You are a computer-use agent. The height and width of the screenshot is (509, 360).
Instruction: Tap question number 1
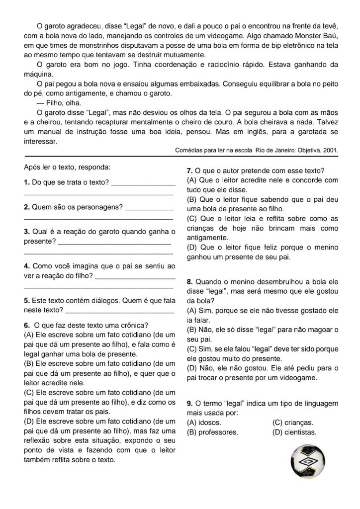[x=26, y=182]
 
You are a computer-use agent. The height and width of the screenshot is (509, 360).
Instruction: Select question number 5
[x=26, y=301]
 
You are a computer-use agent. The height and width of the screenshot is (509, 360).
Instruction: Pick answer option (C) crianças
[x=293, y=422]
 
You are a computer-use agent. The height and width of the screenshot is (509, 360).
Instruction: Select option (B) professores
[x=212, y=432]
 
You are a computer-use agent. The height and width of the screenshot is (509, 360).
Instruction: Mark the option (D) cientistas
[x=294, y=432]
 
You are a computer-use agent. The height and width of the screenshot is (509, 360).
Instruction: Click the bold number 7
[x=189, y=170]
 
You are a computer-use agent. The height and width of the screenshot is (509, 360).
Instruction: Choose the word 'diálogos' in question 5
[x=102, y=301]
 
